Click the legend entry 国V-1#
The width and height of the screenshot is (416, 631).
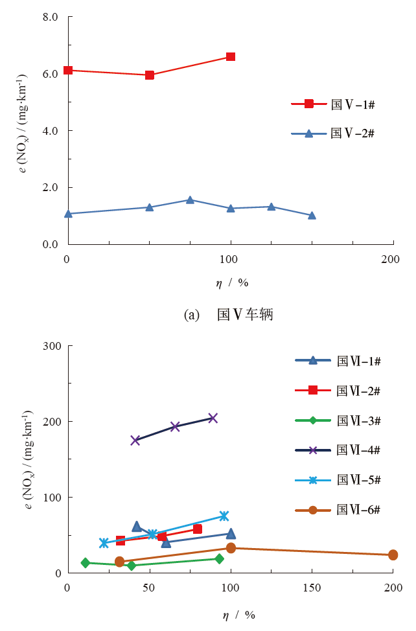333,104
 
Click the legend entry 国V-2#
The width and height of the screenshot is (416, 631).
333,133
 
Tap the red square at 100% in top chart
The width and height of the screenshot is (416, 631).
231,57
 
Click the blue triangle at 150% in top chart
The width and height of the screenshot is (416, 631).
312,215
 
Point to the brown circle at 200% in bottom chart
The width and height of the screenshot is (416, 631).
393,555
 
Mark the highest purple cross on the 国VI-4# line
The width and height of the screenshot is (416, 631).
213,418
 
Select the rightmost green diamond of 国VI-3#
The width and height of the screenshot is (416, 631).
219,558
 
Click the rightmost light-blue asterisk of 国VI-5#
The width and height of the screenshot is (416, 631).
224,516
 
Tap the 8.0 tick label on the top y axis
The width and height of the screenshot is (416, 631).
50,16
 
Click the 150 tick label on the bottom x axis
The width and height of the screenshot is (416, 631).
312,588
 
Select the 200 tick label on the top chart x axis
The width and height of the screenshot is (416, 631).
390,259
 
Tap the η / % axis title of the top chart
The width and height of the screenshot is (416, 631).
232,283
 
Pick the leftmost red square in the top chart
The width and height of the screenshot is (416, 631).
67,70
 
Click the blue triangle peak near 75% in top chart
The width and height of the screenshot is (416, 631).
190,200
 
